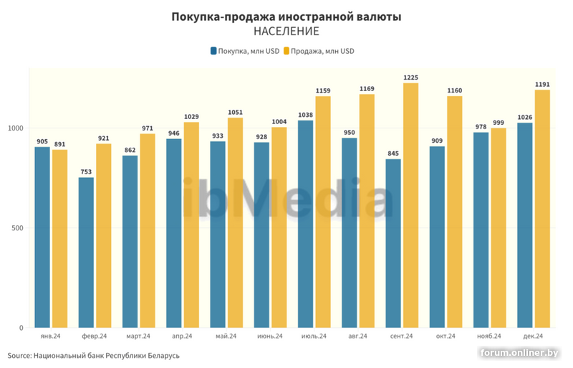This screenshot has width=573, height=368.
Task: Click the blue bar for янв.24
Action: point(42,237)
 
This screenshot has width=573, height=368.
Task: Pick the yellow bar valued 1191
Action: point(542,209)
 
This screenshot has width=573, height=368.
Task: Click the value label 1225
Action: point(410,77)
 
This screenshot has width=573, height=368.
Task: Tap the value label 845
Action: point(393,154)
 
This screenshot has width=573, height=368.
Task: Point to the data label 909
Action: point(437,141)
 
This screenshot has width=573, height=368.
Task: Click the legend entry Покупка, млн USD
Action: point(244,51)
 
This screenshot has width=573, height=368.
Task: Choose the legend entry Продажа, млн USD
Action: point(318,51)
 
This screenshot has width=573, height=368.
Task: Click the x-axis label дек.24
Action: point(534,336)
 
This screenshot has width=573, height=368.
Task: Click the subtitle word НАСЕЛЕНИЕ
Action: point(286,32)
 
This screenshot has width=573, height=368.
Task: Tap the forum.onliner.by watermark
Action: point(519,353)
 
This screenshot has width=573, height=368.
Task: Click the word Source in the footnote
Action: point(19,355)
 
